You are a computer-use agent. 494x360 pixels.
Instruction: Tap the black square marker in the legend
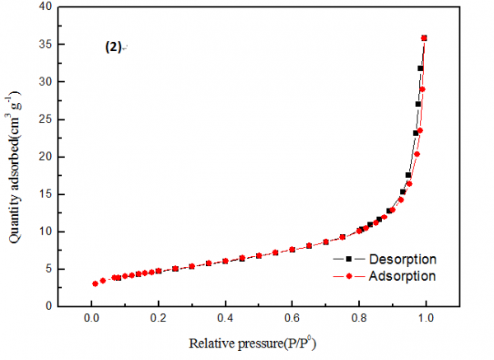349,260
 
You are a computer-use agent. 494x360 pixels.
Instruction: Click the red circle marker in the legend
349,276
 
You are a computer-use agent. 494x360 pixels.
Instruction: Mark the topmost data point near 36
425,38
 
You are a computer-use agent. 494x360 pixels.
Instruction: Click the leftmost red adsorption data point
95,283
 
